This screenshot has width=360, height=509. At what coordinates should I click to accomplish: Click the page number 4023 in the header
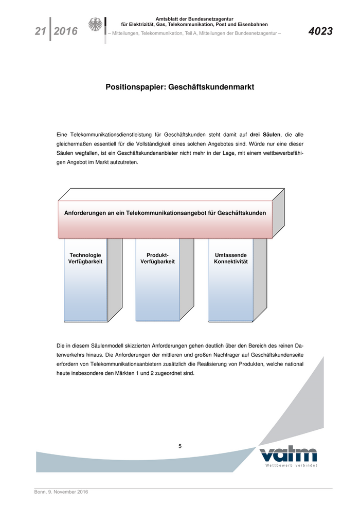click(x=320, y=31)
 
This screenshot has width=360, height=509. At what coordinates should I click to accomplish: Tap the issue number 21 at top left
click(x=41, y=31)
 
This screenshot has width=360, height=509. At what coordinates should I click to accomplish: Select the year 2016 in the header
click(x=65, y=31)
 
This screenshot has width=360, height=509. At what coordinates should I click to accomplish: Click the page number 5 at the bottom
click(x=180, y=446)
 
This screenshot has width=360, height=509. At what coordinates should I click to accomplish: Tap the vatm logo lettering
click(x=288, y=455)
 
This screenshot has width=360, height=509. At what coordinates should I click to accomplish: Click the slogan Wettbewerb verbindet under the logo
click(x=291, y=466)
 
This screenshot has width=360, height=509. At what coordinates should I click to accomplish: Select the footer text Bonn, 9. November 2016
click(x=61, y=492)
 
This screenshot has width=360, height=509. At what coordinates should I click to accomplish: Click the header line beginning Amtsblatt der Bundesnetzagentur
click(x=194, y=19)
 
